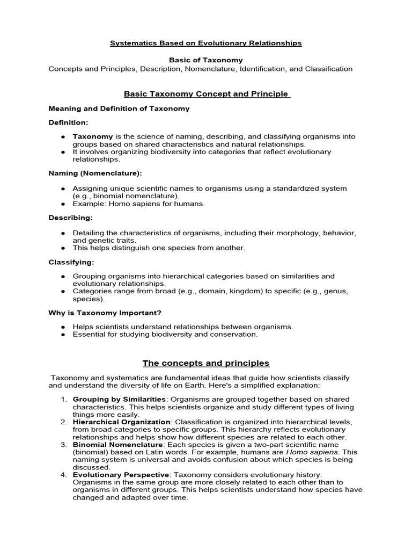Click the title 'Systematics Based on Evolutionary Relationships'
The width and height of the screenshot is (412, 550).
pyautogui.click(x=206, y=43)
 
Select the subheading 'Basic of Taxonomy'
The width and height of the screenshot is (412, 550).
pyautogui.click(x=206, y=60)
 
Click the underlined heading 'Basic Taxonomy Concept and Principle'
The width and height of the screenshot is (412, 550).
pyautogui.click(x=206, y=94)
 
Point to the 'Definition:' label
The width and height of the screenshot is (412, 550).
pyautogui.click(x=68, y=122)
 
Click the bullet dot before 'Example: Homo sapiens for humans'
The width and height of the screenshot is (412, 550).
pyautogui.click(x=63, y=204)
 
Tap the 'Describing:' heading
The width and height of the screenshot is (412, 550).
pyautogui.click(x=70, y=218)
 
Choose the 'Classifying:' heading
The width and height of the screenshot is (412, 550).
pyautogui.click(x=71, y=262)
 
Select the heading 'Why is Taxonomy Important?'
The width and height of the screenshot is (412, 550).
pyautogui.click(x=105, y=313)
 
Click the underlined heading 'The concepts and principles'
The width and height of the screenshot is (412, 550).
pyautogui.click(x=206, y=363)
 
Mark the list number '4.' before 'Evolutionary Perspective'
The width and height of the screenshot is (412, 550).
pyautogui.click(x=63, y=475)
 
